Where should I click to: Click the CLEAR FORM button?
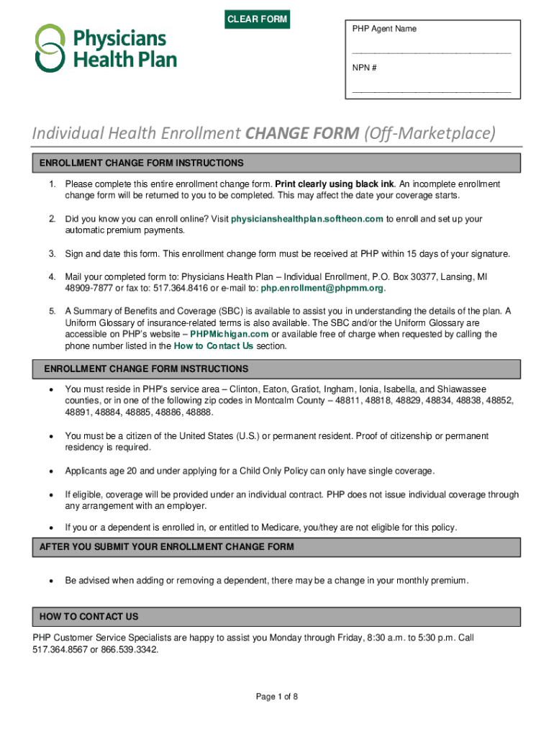[x=258, y=19]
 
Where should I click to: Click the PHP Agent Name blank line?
[x=432, y=53]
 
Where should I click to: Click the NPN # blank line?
[x=432, y=92]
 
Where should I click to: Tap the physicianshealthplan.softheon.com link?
[x=307, y=219]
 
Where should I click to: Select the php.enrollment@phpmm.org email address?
[x=322, y=288]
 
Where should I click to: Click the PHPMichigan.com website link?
[x=230, y=334]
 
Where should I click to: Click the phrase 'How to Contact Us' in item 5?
[x=214, y=345]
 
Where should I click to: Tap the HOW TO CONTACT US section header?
[x=89, y=617]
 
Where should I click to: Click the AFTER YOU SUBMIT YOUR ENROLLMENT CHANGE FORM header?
[x=166, y=547]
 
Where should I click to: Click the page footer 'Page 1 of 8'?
[x=277, y=697]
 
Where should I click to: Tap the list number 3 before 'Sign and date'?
[x=52, y=253]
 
